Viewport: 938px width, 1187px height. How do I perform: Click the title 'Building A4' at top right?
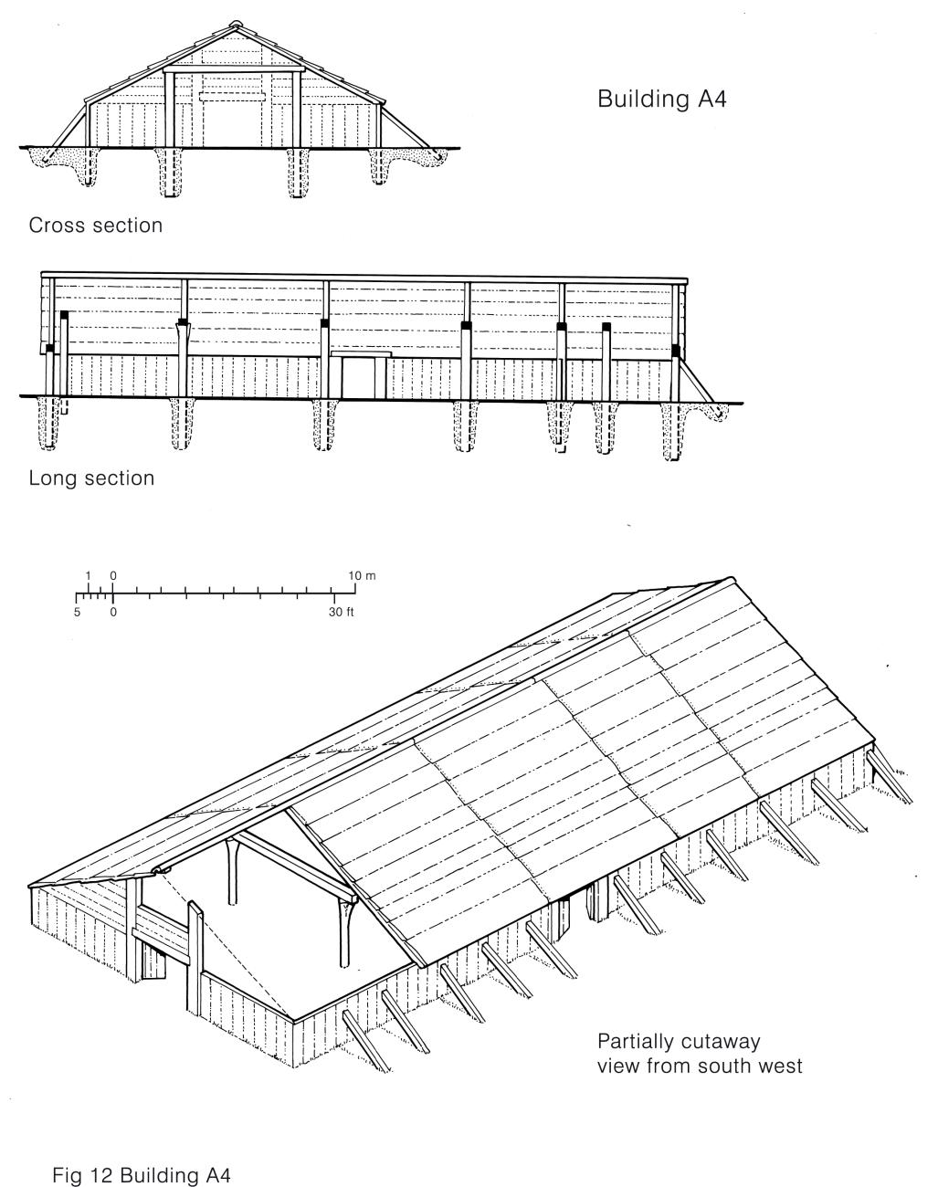pos(661,99)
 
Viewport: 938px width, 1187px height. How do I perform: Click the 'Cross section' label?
pos(96,225)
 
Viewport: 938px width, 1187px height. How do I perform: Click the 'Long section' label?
pos(91,478)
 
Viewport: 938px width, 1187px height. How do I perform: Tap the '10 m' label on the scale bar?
pos(362,576)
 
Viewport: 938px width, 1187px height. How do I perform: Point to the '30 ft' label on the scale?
pos(342,612)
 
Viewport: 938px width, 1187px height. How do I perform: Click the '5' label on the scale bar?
pos(79,612)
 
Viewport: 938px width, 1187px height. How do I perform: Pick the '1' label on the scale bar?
pos(89,576)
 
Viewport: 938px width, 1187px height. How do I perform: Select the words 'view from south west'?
pos(700,1066)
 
